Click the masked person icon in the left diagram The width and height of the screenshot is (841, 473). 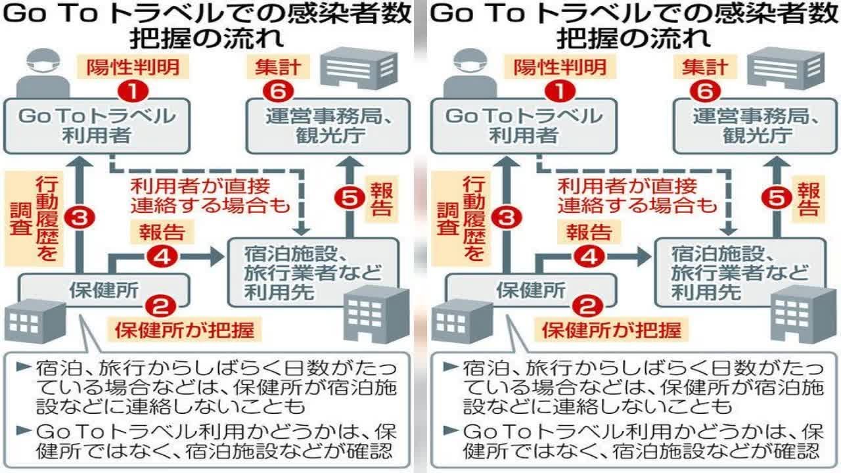41,74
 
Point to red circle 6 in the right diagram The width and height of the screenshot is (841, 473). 705,90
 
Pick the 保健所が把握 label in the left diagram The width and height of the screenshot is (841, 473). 185,328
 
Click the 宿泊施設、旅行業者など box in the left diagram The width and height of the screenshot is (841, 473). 313,272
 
